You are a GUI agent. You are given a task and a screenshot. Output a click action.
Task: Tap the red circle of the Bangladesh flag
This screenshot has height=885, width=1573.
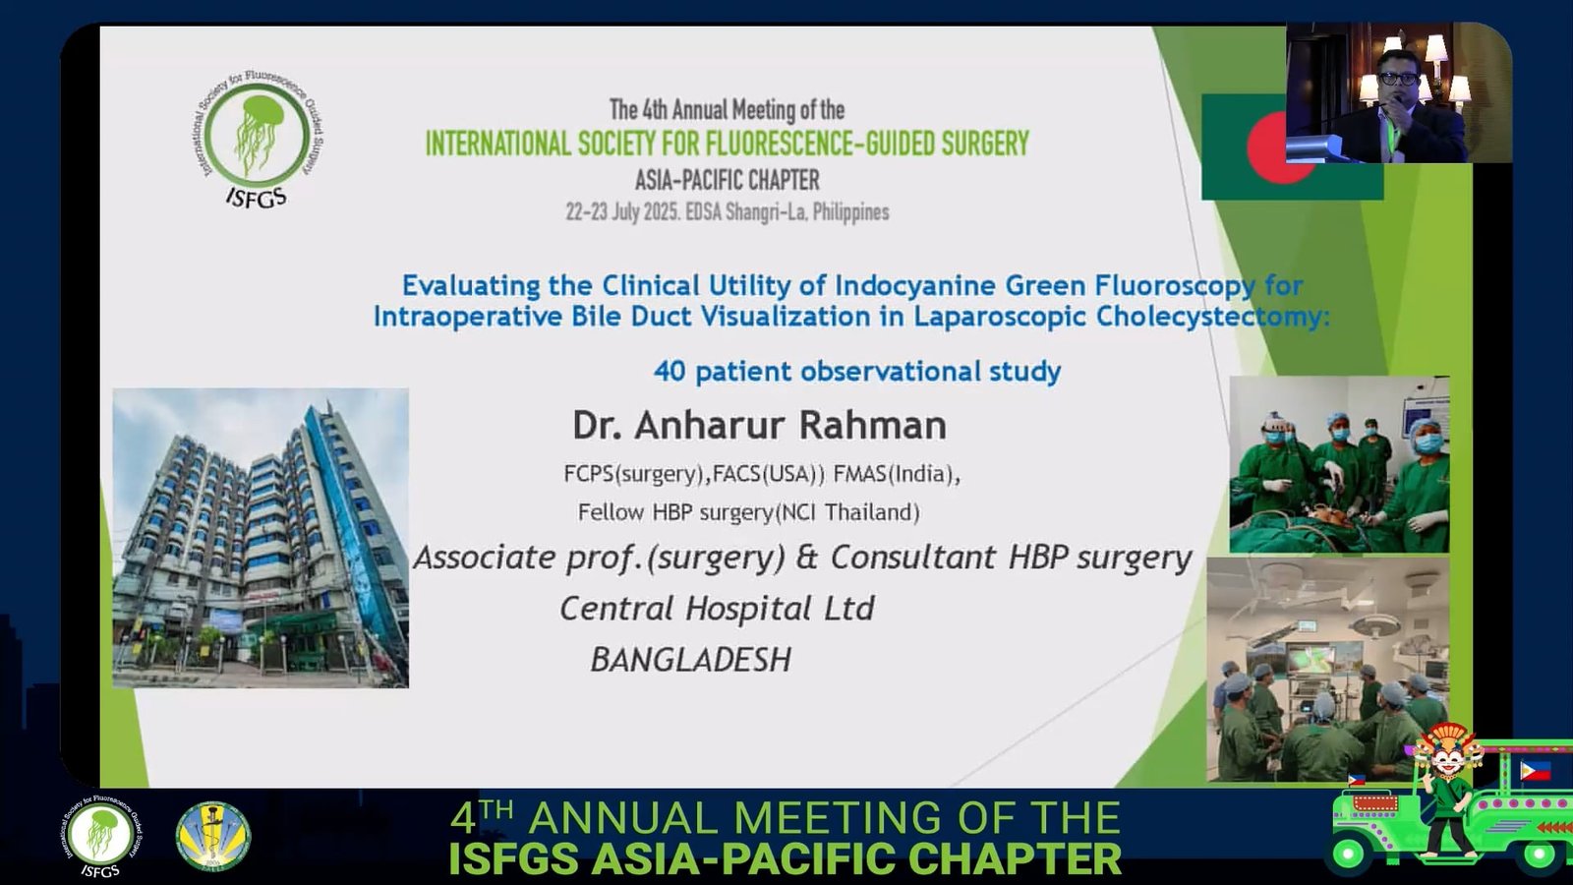pyautogui.click(x=1268, y=148)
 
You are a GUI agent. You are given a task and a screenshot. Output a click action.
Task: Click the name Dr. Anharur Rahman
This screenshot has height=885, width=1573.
pyautogui.click(x=759, y=426)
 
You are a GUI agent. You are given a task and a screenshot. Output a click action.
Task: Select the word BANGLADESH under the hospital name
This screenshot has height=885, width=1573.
pyautogui.click(x=691, y=660)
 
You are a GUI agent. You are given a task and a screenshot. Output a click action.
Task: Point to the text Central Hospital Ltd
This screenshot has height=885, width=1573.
pyautogui.click(x=717, y=609)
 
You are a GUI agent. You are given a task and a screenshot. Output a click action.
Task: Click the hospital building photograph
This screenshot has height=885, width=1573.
pyautogui.click(x=261, y=538)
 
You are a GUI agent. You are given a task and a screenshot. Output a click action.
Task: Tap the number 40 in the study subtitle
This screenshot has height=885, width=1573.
pyautogui.click(x=670, y=372)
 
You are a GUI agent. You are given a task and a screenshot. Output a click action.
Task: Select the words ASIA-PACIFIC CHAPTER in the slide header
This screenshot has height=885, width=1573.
pyautogui.click(x=727, y=181)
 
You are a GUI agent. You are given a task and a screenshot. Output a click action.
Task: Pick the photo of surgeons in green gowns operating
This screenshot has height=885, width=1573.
pyautogui.click(x=1339, y=464)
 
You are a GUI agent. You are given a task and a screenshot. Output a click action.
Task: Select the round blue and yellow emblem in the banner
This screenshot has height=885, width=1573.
pyautogui.click(x=212, y=836)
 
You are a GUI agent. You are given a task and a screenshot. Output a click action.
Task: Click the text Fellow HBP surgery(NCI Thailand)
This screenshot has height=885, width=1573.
pyautogui.click(x=748, y=513)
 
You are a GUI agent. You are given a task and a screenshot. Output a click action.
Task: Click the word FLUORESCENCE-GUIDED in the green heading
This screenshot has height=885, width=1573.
pyautogui.click(x=820, y=144)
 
